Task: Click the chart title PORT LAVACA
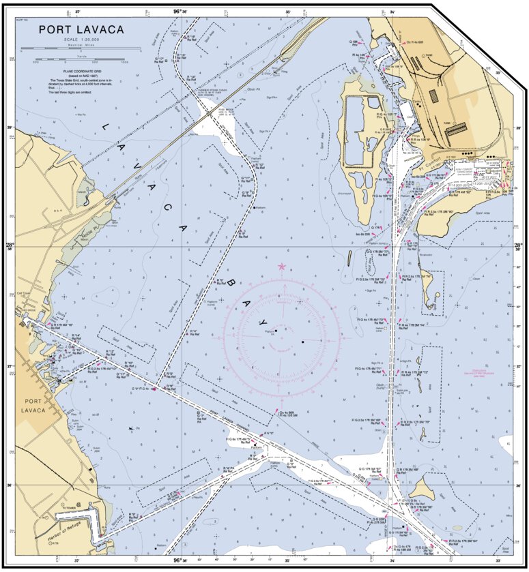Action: coord(81,29)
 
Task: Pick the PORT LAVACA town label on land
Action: coord(32,406)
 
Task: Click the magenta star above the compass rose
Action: coord(282,267)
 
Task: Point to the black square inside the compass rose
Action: coord(302,341)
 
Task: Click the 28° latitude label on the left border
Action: coord(10,246)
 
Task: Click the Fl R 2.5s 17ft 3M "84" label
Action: coord(464,540)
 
